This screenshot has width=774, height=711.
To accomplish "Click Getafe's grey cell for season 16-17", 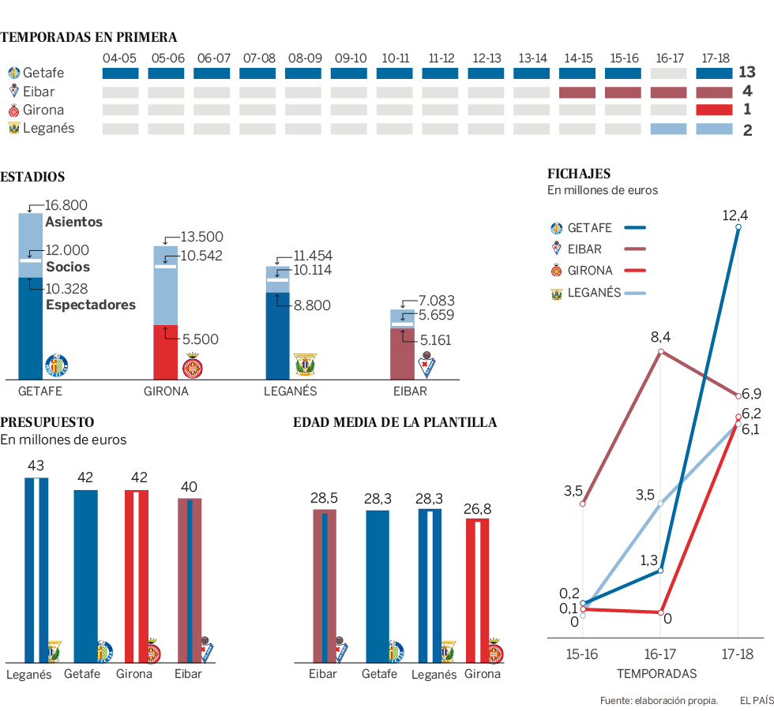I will pos(669,73).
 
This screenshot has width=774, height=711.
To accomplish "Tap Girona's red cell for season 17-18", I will pos(714,110).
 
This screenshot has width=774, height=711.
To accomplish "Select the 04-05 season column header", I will pos(121,58).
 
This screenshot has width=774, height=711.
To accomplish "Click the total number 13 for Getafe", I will pos(747,73).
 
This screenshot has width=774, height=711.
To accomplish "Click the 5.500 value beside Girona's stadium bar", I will pos(201,339).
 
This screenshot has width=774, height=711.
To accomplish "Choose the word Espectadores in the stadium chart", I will pos(91,305).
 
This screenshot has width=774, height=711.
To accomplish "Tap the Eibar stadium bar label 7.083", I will pos(438,301).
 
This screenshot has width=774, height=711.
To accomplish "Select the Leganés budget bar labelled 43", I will pos(36,568).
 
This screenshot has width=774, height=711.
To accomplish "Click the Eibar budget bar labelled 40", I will pos(190,579).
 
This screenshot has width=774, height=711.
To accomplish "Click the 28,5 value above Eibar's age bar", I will pos(324,498).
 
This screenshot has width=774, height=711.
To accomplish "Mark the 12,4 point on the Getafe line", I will pos(738,227).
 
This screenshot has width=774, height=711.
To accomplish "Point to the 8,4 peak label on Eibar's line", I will pos(660,338).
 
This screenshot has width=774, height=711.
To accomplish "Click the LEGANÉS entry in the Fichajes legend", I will pos(594,293).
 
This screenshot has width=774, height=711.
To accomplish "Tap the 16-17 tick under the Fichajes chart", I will pos(660,654).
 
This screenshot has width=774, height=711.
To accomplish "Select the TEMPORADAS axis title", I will pos(656,674).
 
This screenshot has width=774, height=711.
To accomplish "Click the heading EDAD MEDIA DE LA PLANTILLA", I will pos(395,423).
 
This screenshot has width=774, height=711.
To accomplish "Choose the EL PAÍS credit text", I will pos(756,700).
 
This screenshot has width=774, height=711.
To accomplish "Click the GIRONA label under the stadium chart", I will pos(166,391).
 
